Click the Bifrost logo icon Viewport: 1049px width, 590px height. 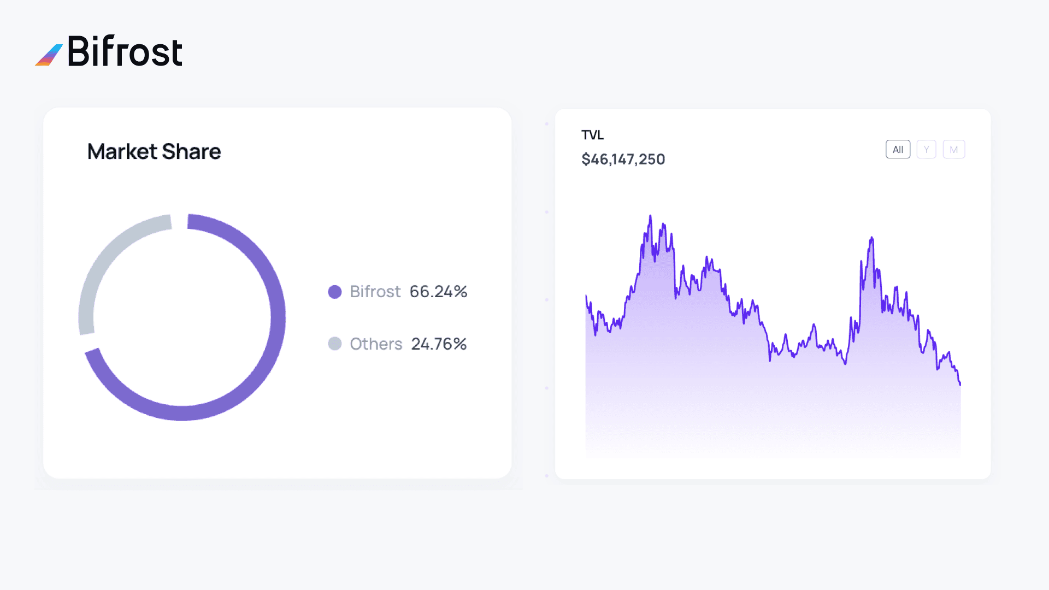click(49, 55)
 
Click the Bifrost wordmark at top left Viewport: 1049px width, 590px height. click(125, 52)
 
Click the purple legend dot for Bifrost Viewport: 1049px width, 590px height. click(335, 292)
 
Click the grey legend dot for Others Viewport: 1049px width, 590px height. click(335, 344)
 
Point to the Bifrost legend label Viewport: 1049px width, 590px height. click(375, 292)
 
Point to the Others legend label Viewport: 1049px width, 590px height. click(376, 344)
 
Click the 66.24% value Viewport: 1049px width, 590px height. click(438, 292)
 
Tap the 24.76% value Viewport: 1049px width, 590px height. click(439, 344)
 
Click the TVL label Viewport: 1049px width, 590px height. click(592, 135)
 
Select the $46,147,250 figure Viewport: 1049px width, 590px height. click(623, 160)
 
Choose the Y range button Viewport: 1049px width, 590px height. click(926, 150)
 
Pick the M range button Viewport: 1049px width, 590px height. click(954, 150)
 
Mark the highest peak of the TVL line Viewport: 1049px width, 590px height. click(650, 216)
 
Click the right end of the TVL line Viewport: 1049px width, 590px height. click(960, 384)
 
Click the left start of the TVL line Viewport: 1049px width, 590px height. click(586, 297)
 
